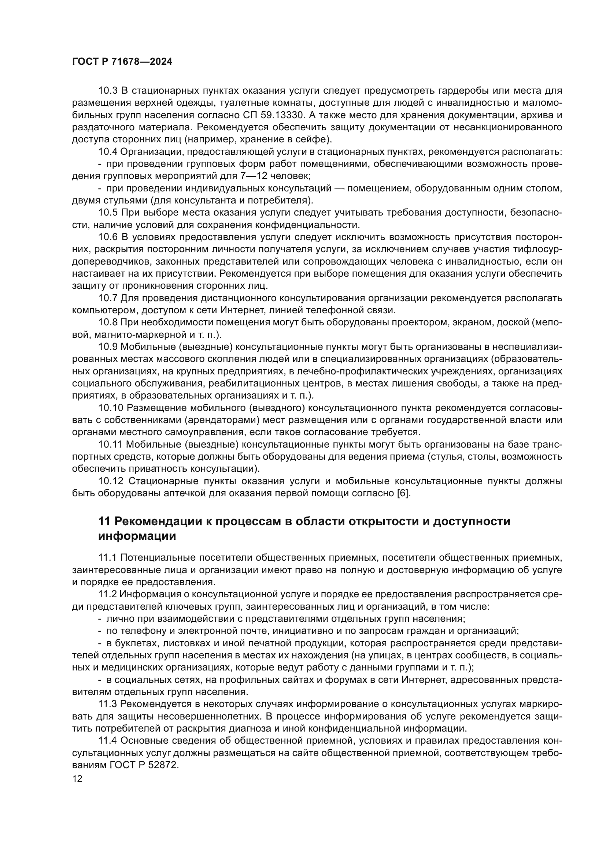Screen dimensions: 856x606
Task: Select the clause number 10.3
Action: pyautogui.click(x=108, y=91)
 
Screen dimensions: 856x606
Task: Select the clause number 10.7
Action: pyautogui.click(x=108, y=298)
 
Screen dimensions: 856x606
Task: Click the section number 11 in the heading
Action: pyautogui.click(x=103, y=521)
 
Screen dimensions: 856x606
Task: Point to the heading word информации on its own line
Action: pyautogui.click(x=137, y=536)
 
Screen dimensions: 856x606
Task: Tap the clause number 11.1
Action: pyautogui.click(x=107, y=558)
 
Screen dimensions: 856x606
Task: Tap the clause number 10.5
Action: pyautogui.click(x=108, y=213)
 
